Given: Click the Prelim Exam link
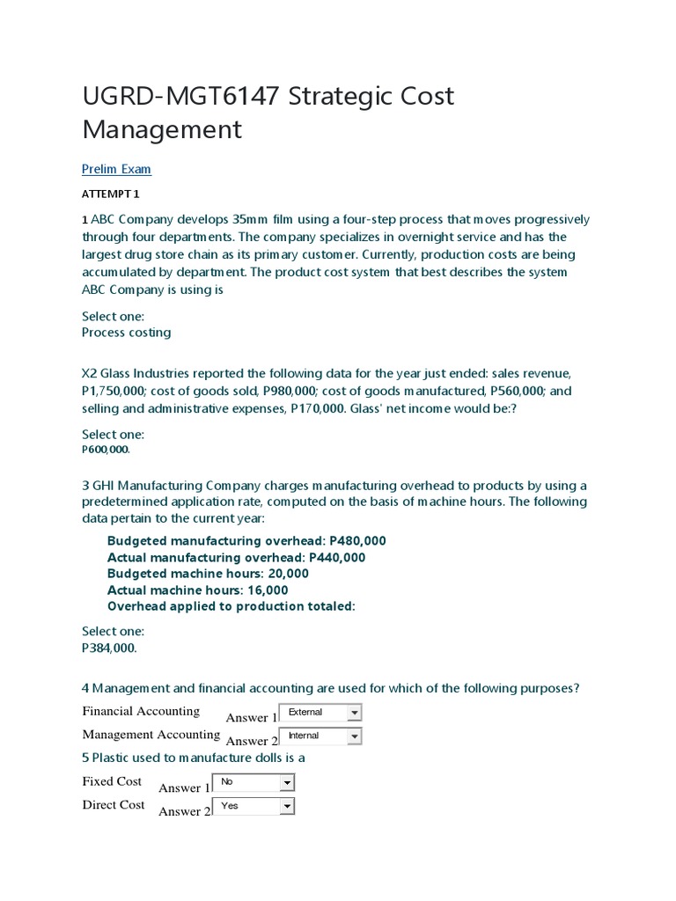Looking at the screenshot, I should click(x=116, y=169).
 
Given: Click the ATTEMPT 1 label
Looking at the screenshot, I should click(x=111, y=194).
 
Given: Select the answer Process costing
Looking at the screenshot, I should click(x=126, y=333).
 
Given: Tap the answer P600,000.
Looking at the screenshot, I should click(x=106, y=450).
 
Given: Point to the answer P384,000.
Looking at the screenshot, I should click(x=110, y=648).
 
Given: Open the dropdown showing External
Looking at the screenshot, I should click(x=320, y=712).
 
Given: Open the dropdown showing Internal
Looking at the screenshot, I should click(x=320, y=736).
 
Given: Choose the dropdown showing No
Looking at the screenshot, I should click(x=252, y=781).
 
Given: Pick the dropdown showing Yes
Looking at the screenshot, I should click(x=252, y=805).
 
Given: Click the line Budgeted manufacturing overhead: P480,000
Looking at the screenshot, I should click(x=246, y=540).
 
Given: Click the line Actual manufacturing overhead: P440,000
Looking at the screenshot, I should click(x=236, y=557).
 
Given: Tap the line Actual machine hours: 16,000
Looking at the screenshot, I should click(x=197, y=590).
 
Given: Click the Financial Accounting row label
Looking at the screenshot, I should click(x=141, y=711).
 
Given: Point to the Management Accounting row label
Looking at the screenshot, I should click(x=151, y=735).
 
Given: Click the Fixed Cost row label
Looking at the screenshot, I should click(x=112, y=781).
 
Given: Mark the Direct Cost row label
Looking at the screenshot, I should click(x=114, y=805).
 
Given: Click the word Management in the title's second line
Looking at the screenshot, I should click(x=162, y=129).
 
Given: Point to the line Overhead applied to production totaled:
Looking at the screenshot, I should click(x=231, y=606).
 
